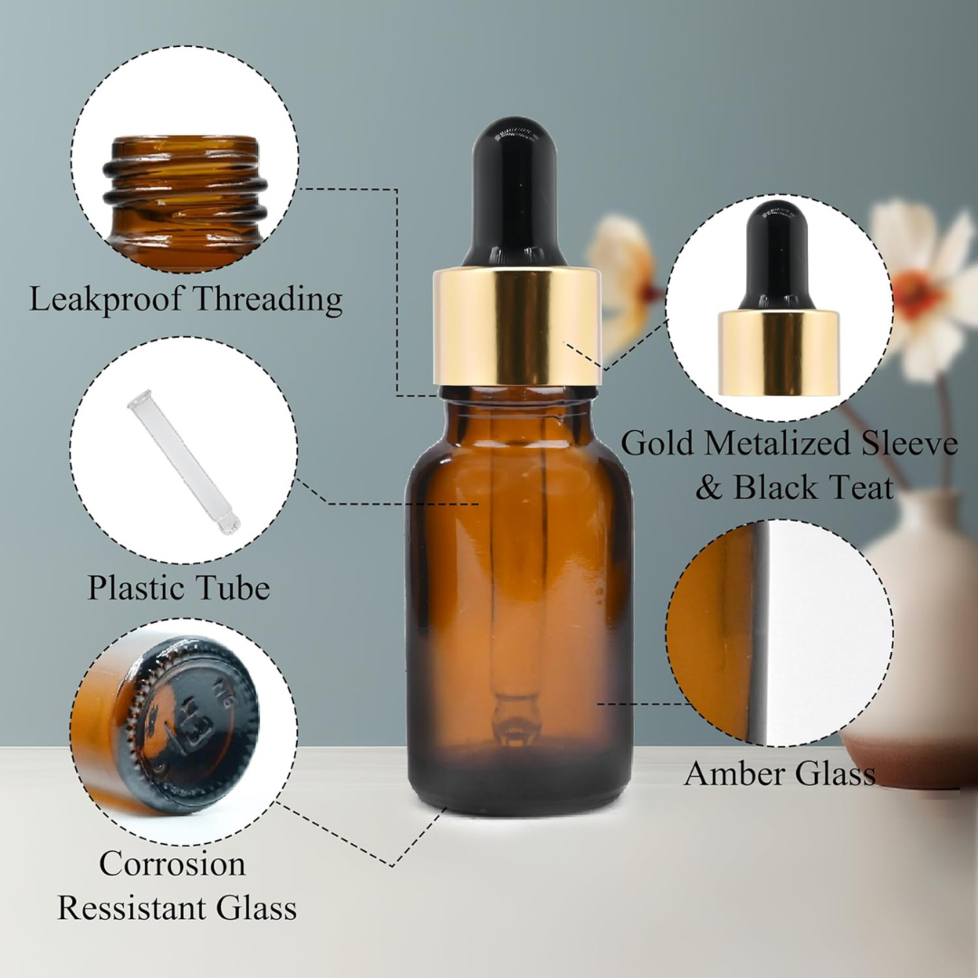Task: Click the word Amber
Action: click(734, 773)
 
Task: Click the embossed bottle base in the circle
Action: click(186, 724)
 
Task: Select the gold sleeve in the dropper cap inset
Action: click(779, 353)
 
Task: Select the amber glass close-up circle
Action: click(780, 633)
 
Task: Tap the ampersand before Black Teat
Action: click(710, 487)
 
